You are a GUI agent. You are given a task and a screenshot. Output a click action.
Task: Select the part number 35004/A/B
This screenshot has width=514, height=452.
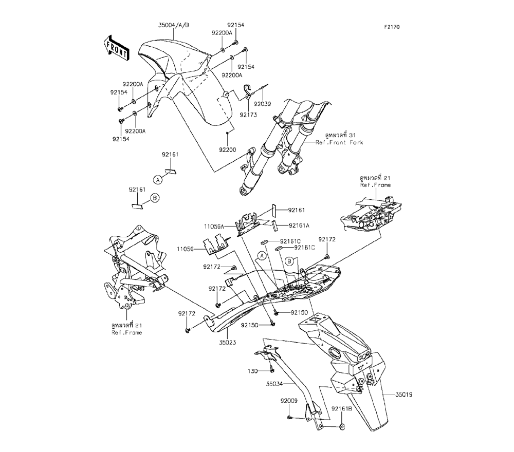[x=173, y=26]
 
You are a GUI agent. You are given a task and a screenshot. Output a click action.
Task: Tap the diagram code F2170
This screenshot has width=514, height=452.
[x=392, y=27]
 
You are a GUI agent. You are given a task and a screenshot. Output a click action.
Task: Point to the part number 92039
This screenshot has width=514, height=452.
[x=263, y=104]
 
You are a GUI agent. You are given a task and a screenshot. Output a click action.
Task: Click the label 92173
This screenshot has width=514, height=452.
[x=248, y=115]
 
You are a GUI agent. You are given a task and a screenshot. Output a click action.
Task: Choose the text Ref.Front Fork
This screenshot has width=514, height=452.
[x=339, y=142]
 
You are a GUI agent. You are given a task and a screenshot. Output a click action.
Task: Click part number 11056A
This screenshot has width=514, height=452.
[x=214, y=227]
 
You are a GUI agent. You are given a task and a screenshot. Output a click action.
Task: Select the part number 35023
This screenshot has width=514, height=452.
[x=228, y=343]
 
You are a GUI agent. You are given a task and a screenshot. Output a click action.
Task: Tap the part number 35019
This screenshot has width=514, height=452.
[x=403, y=394]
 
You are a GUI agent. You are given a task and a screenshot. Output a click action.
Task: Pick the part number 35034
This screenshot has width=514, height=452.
[x=274, y=383]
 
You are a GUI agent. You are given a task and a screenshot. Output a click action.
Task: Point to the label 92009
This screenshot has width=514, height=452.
[x=289, y=401]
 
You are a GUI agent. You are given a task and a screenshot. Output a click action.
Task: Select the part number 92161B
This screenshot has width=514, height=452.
[x=342, y=409]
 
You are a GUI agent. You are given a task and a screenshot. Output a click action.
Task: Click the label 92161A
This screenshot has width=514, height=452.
[x=299, y=225]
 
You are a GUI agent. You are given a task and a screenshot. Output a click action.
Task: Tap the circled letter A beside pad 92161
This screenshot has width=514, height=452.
[x=158, y=180]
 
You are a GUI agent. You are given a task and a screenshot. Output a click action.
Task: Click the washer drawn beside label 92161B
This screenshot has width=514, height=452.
[x=342, y=427]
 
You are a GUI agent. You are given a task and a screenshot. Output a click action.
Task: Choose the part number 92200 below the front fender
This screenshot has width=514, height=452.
[x=228, y=150]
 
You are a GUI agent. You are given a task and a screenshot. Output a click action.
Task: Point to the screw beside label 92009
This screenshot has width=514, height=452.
[x=289, y=417]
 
